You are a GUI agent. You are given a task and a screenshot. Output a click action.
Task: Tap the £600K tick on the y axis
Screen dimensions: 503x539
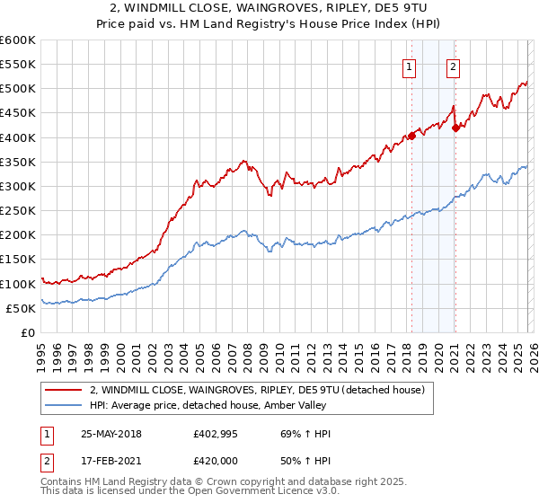pyautogui.click(x=18, y=40)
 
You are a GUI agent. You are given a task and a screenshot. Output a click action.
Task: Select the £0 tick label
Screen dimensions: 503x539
pyautogui.click(x=27, y=333)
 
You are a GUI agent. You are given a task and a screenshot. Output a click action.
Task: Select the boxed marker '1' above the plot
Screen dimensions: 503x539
pyautogui.click(x=410, y=66)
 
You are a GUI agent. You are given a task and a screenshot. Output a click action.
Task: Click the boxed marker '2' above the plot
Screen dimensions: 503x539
pyautogui.click(x=453, y=66)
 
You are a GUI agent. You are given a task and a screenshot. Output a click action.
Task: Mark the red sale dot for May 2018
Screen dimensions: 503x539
pyautogui.click(x=411, y=137)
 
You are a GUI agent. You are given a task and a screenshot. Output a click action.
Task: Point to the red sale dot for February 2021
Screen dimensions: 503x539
pyautogui.click(x=455, y=128)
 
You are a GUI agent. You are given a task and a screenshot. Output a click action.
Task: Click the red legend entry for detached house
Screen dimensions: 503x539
pyautogui.click(x=261, y=390)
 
